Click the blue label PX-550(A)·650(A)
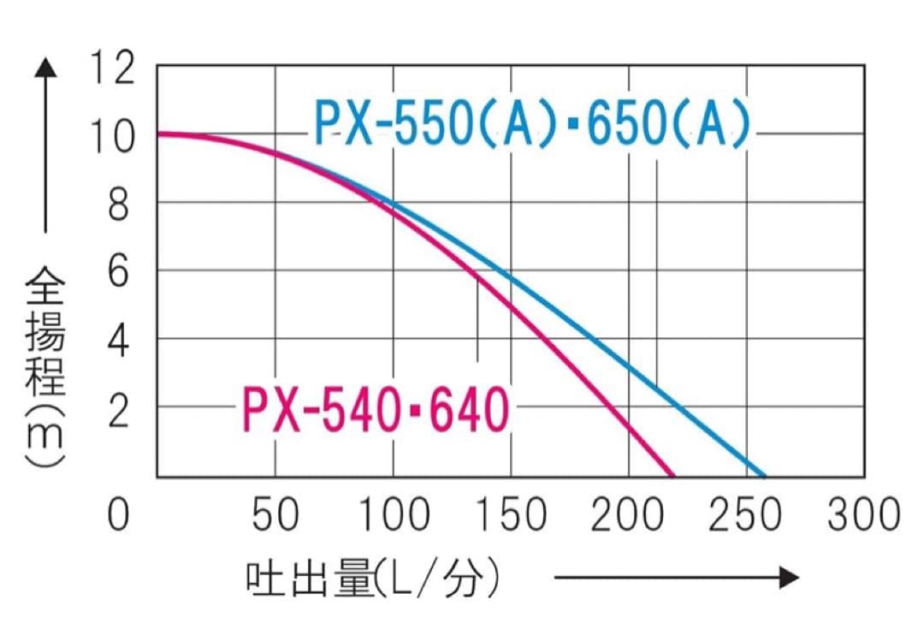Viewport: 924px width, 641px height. coord(531,124)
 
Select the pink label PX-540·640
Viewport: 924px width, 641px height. coord(376,412)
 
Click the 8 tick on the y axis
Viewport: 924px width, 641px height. coord(121,205)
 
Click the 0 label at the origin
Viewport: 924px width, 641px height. coord(121,515)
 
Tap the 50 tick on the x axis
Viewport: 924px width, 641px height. coord(275,515)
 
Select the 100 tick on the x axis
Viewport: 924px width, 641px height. coord(393,515)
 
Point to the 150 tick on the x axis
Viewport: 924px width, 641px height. coord(511,515)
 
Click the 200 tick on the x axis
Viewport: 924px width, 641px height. coord(629,515)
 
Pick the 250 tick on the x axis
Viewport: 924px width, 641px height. coord(746,515)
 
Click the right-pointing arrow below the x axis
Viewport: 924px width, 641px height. coord(676,578)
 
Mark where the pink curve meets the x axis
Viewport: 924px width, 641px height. coord(672,475)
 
